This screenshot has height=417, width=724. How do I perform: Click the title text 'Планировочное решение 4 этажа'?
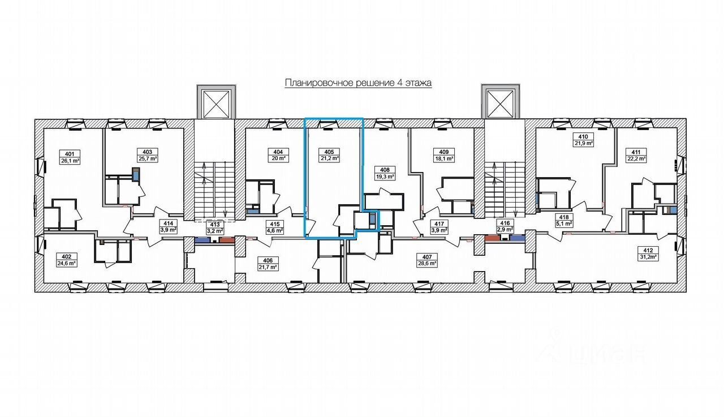[x=358, y=83]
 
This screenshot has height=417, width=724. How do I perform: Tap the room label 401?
[x=70, y=153]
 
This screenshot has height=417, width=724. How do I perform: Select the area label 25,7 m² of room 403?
[x=146, y=159]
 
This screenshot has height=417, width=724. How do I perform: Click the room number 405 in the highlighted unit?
[x=329, y=152]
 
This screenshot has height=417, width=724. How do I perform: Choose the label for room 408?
[x=385, y=169]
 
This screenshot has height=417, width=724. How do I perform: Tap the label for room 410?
[x=583, y=136]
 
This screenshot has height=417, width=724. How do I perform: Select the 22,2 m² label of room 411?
[x=637, y=159]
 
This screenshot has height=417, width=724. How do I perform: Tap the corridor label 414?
[x=168, y=223]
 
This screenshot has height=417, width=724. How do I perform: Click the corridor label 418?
[x=563, y=217]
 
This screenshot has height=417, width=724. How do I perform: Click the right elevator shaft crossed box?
[x=500, y=104]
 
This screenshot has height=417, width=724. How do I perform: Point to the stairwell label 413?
[x=216, y=224]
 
